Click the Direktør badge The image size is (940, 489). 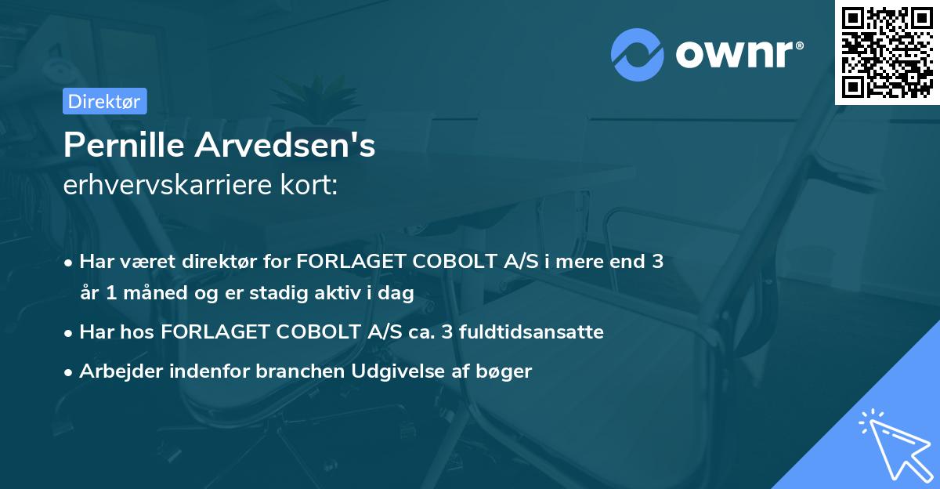click(x=104, y=101)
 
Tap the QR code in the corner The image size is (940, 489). click(x=888, y=52)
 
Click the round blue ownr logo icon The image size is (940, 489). click(x=638, y=55)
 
